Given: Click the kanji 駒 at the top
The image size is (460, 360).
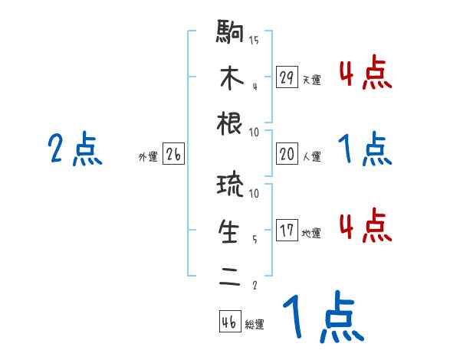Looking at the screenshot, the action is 230,34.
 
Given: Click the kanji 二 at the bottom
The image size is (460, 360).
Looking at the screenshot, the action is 230,273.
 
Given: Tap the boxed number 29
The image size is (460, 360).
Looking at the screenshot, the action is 287,78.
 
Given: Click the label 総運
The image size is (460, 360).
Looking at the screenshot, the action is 255,325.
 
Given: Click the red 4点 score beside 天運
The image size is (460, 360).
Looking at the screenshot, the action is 365,74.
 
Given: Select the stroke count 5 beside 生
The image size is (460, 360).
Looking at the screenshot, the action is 254,239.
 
